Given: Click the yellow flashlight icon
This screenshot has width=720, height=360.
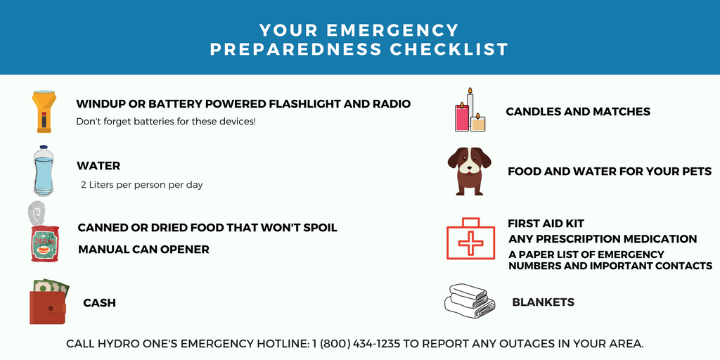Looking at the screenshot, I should click(x=43, y=111).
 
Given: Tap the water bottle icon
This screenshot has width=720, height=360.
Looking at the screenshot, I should click(x=44, y=171).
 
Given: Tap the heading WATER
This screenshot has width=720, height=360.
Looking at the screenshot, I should click(x=98, y=166).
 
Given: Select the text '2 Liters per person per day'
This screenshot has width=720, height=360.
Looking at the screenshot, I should click(x=142, y=185).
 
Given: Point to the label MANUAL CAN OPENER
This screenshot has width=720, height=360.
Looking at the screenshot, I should click(x=143, y=250).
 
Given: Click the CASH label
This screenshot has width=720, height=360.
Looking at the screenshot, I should click(x=99, y=303).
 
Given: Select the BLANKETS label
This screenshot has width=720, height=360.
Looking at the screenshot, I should click(x=543, y=302).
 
